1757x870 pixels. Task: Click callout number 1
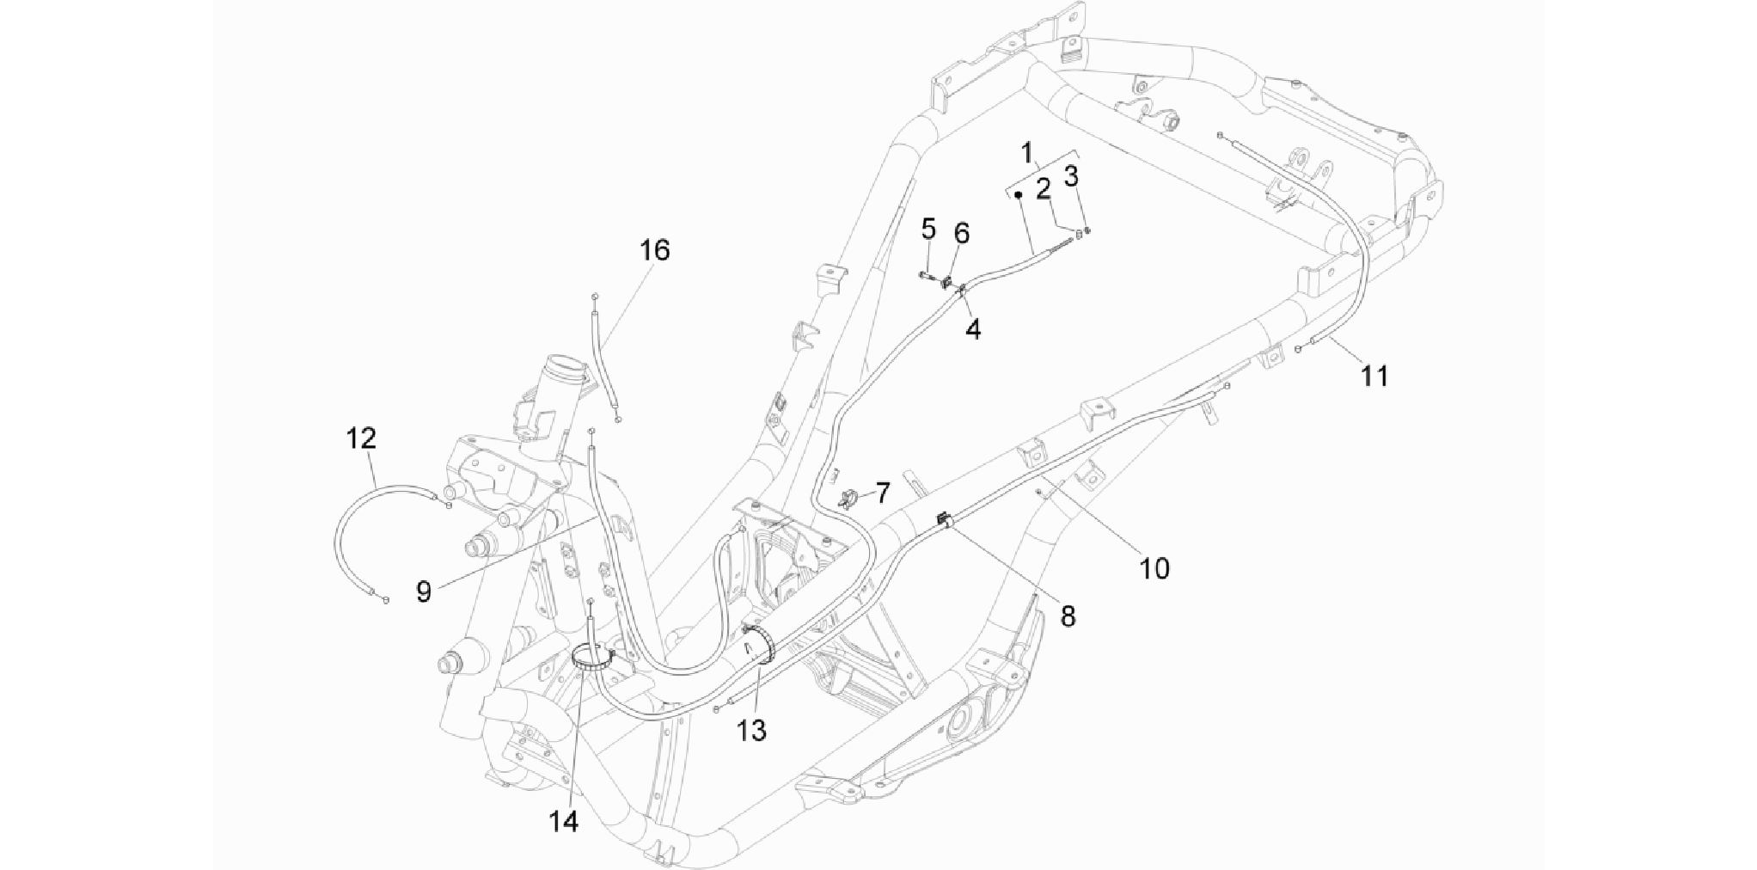pyautogui.click(x=1026, y=154)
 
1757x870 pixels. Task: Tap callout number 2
pyautogui.click(x=1044, y=188)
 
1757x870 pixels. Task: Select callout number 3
pyautogui.click(x=1071, y=176)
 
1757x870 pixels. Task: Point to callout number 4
pyautogui.click(x=972, y=328)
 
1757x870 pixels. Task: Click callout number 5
pyautogui.click(x=928, y=230)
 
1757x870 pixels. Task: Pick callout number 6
pyautogui.click(x=961, y=232)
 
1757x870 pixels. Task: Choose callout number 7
pyautogui.click(x=883, y=493)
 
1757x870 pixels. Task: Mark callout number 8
pyautogui.click(x=1067, y=616)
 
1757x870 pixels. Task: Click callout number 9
pyautogui.click(x=423, y=591)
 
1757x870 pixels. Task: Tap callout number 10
pyautogui.click(x=1154, y=567)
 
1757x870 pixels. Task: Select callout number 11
pyautogui.click(x=1374, y=376)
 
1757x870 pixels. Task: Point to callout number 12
pyautogui.click(x=361, y=438)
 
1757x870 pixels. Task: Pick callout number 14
pyautogui.click(x=564, y=822)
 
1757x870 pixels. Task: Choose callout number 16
pyautogui.click(x=654, y=250)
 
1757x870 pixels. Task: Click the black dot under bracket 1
pyautogui.click(x=1017, y=195)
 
